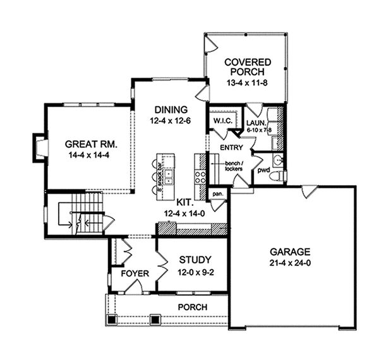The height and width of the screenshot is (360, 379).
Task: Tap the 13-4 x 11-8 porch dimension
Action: (248, 83)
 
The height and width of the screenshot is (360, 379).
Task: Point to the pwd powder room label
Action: (263, 171)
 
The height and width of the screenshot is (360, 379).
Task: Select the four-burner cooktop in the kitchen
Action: (200, 169)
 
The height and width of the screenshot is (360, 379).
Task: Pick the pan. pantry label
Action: (218, 194)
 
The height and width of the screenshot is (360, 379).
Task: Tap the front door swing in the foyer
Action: (133, 287)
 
